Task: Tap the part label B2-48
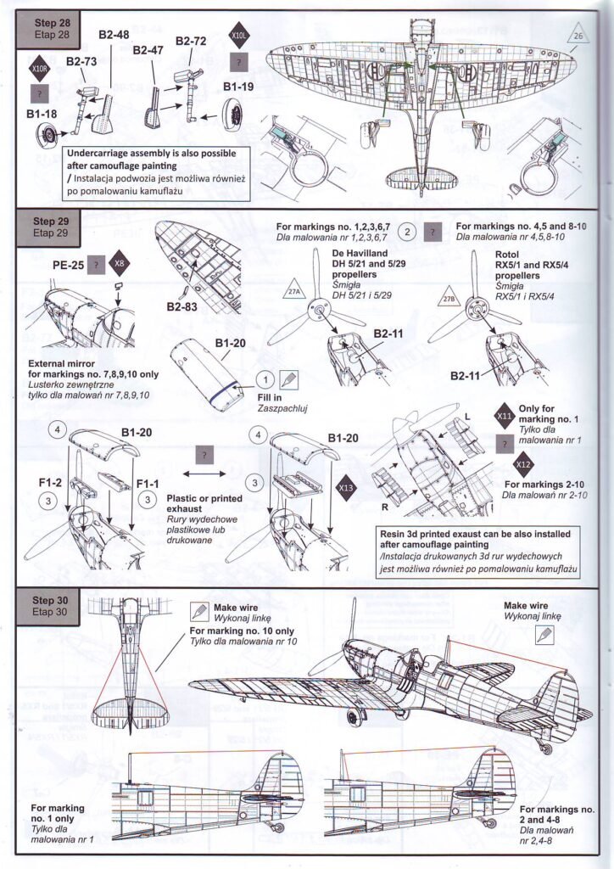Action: point(114,34)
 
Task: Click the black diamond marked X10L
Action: point(240,36)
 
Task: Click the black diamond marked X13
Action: point(346,488)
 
